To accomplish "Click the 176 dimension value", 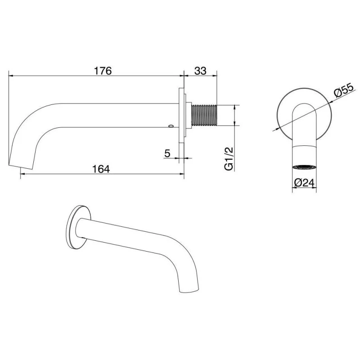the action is [103, 71].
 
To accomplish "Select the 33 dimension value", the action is [200, 71].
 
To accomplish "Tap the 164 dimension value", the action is [101, 169].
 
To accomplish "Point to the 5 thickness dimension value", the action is [167, 153].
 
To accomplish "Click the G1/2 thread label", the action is [229, 159].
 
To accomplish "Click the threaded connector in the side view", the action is [204, 116].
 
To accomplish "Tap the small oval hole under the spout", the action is [171, 126].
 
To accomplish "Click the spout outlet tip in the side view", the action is [20, 166].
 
